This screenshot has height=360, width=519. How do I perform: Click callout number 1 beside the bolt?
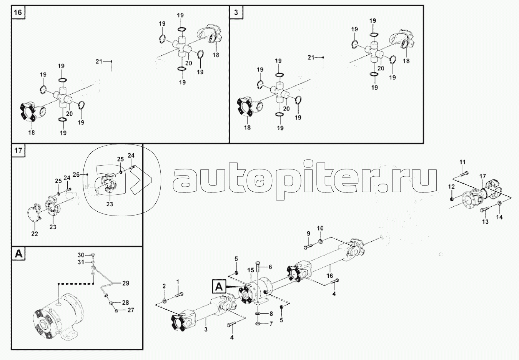click(x=178, y=282)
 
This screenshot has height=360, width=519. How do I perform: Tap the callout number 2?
click(x=164, y=286)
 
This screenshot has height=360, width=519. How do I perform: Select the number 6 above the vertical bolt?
click(x=270, y=267)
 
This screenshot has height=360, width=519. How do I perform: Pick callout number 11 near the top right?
click(x=462, y=161)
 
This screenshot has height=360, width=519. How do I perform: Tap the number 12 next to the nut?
click(x=451, y=186)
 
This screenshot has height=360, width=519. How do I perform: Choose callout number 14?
click(x=499, y=217)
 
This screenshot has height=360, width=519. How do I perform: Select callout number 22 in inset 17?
click(x=35, y=234)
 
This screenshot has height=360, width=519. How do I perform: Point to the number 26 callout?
click(x=76, y=174)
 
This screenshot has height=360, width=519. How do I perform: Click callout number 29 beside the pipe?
click(x=126, y=283)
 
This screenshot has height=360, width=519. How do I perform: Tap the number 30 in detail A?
click(x=81, y=255)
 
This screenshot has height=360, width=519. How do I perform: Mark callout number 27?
click(x=131, y=310)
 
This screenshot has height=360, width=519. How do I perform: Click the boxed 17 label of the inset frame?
click(x=18, y=150)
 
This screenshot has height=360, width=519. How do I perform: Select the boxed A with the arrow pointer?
click(x=218, y=286)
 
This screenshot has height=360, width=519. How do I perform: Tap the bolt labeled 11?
click(x=464, y=173)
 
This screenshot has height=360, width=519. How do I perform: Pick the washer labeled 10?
click(x=320, y=242)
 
